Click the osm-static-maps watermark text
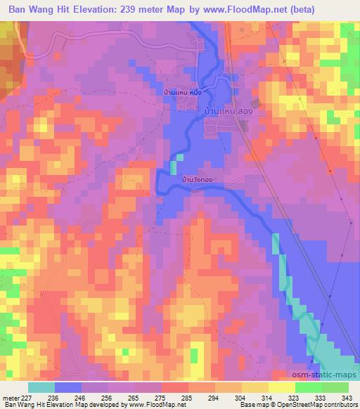coord(330,377)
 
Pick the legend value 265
coord(139,398)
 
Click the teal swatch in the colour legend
coord(41,387)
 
